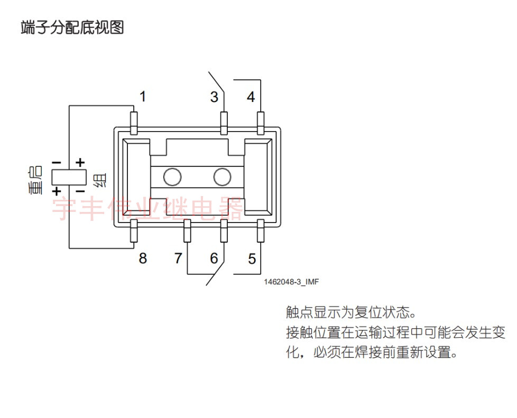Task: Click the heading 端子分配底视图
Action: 72,27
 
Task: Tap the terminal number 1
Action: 143,97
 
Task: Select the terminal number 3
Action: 214,97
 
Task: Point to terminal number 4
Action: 251,97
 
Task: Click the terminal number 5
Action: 252,259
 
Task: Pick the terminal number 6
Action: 214,258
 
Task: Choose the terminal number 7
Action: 178,258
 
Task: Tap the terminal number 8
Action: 143,259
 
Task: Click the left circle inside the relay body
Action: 172,177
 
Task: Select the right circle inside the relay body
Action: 222,177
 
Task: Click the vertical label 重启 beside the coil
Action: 36,180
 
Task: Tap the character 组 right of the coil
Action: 99,181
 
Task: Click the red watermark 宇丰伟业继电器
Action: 148,209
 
